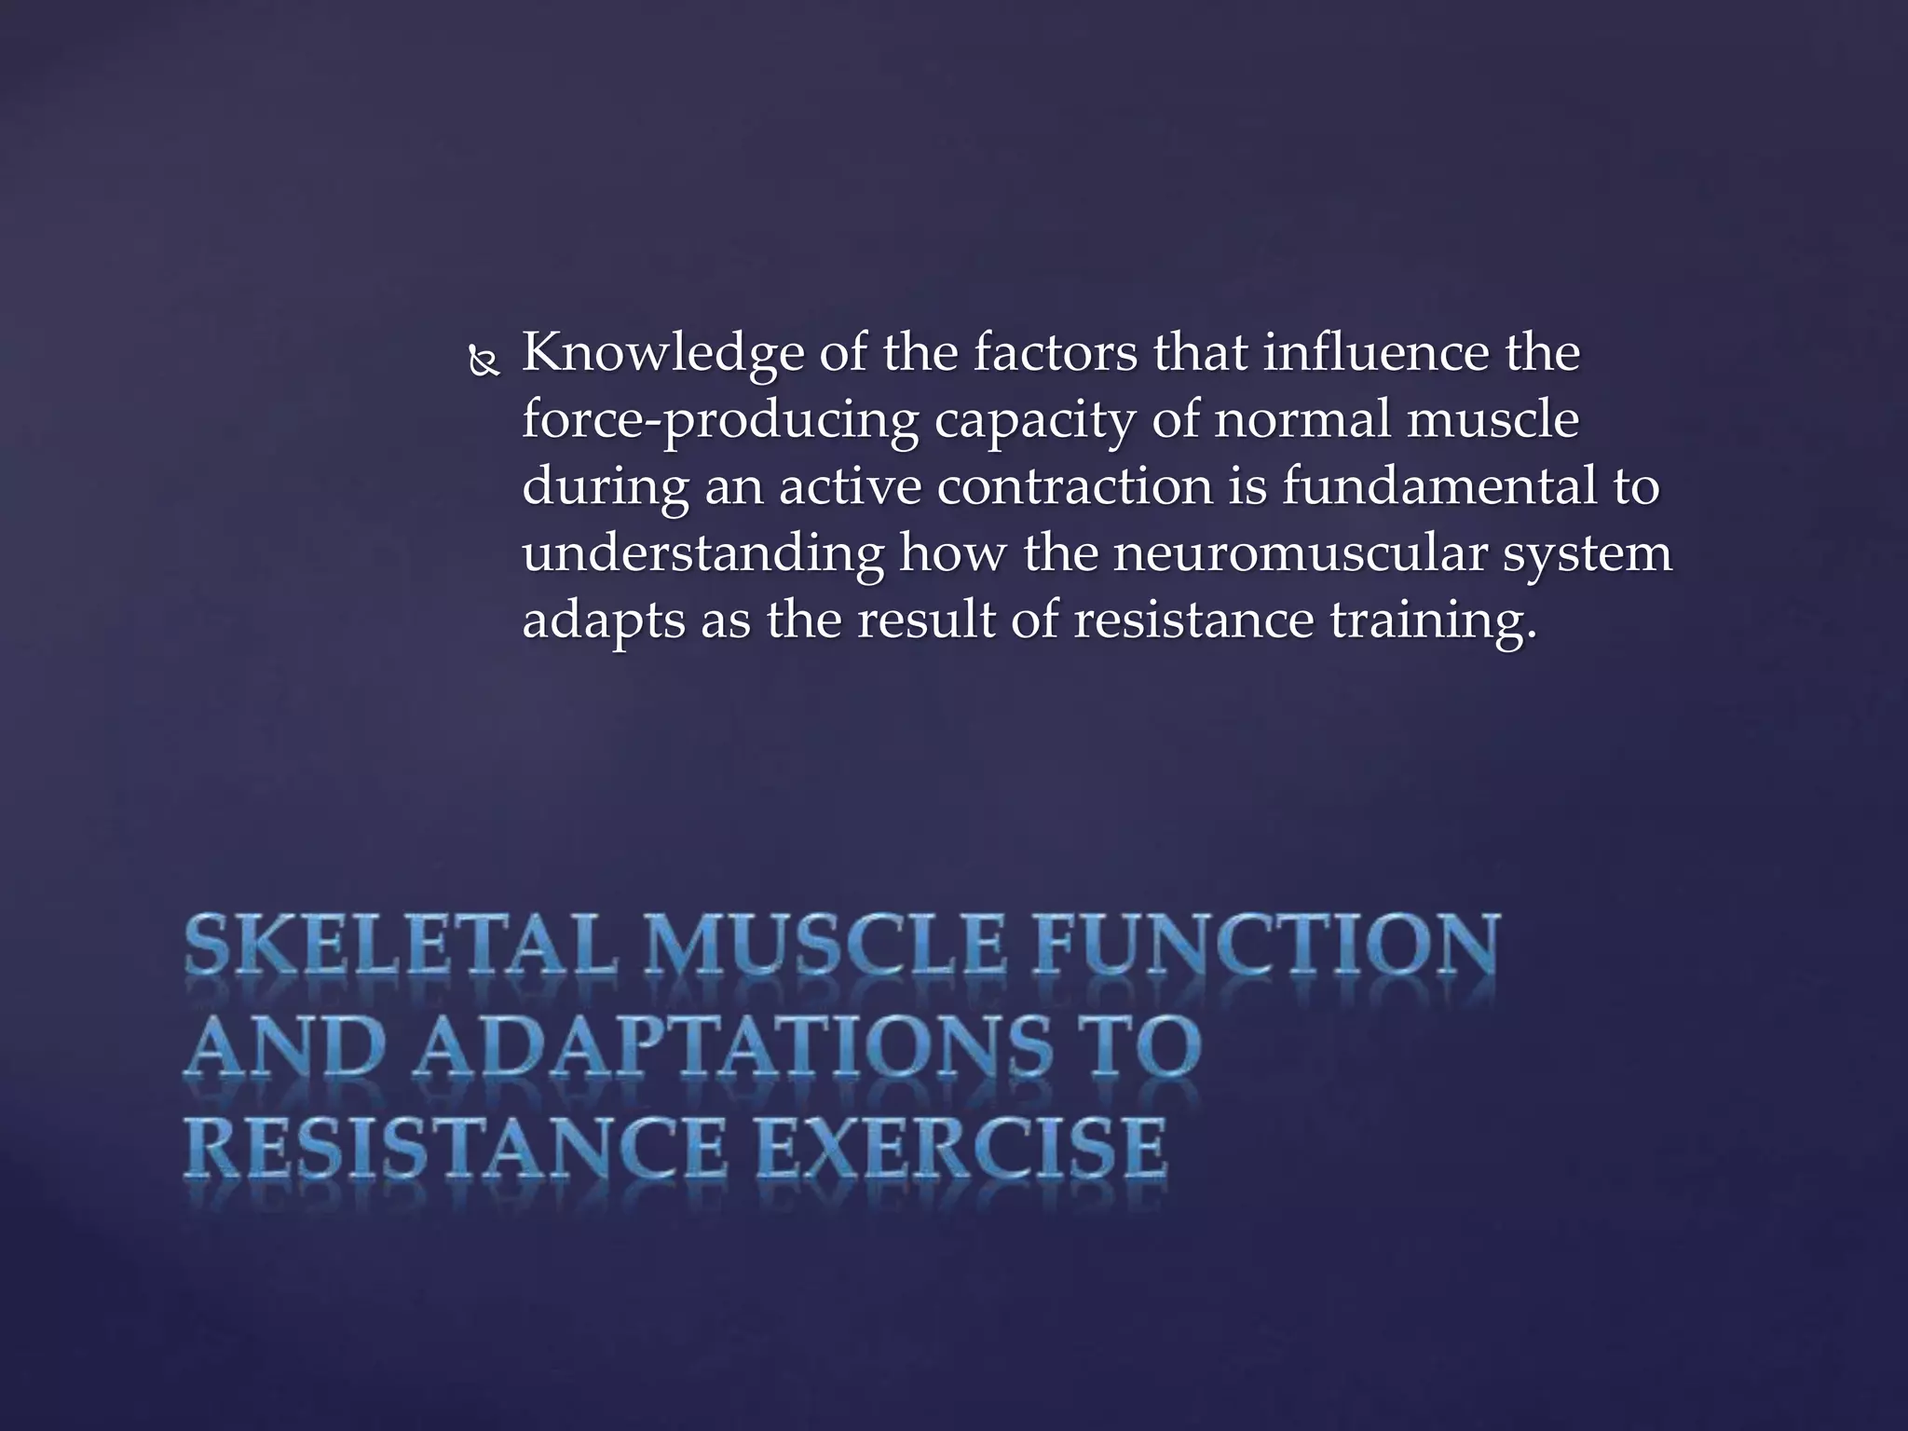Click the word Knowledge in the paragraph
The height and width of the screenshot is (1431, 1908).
tap(661, 355)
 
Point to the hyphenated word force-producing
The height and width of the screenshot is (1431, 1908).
tap(720, 422)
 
